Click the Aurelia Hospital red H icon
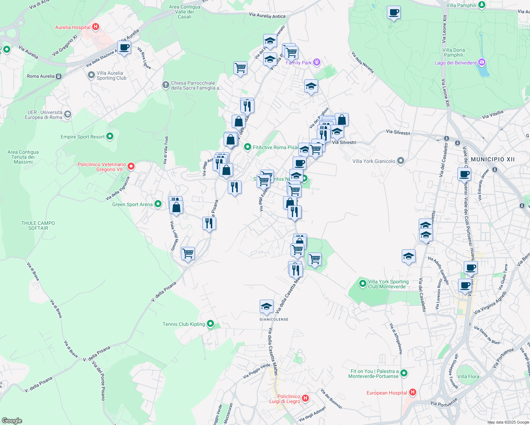pos(95,27)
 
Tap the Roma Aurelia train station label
pos(41,76)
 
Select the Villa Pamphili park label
pos(461,5)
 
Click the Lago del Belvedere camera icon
pos(481,63)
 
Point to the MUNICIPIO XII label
pos(492,159)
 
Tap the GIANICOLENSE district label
pos(274,319)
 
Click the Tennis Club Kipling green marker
pos(210,324)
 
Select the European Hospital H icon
pos(412,392)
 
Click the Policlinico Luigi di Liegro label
pos(288,399)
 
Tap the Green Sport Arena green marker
pos(158,204)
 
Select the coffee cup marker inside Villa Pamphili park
pos(394,13)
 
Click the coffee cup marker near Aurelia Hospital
pos(124,47)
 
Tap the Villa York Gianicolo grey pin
pos(401,161)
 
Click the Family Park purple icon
pos(317,63)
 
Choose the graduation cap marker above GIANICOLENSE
pos(266,307)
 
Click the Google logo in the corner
pos(12,421)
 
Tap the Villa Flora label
pos(468,376)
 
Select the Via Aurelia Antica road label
pos(267,16)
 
